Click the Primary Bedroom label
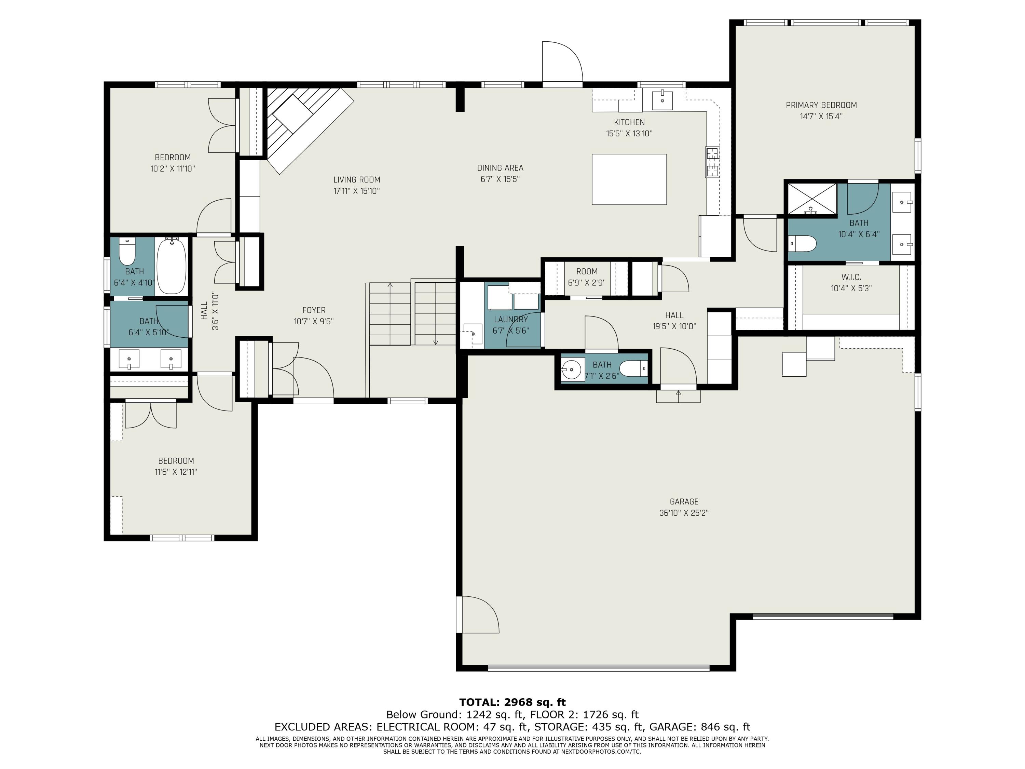821,105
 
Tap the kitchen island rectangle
629,179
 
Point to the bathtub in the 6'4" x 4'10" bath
172,266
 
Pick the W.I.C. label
851,277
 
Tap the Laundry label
511,319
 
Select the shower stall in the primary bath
812,199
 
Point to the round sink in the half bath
572,369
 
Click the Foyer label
314,310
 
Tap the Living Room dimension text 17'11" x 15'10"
356,191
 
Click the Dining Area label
500,168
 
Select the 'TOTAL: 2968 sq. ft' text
512,702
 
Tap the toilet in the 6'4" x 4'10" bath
127,251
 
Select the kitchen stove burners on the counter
712,162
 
